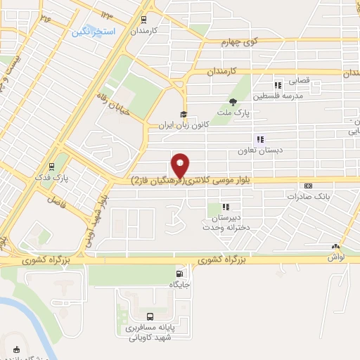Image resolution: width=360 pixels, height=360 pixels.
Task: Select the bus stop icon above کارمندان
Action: coord(143,20)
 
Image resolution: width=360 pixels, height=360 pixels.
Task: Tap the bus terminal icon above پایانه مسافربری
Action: coord(150,316)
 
